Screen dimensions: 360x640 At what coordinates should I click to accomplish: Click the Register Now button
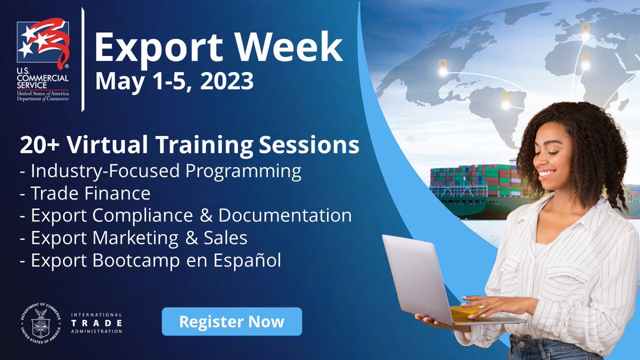(x=231, y=322)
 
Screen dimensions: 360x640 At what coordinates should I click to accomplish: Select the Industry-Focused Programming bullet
(x=161, y=171)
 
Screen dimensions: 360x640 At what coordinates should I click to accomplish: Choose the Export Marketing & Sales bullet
(x=133, y=238)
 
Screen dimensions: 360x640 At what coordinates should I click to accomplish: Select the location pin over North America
(x=443, y=67)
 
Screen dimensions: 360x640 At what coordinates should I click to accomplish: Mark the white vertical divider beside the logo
(x=83, y=59)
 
